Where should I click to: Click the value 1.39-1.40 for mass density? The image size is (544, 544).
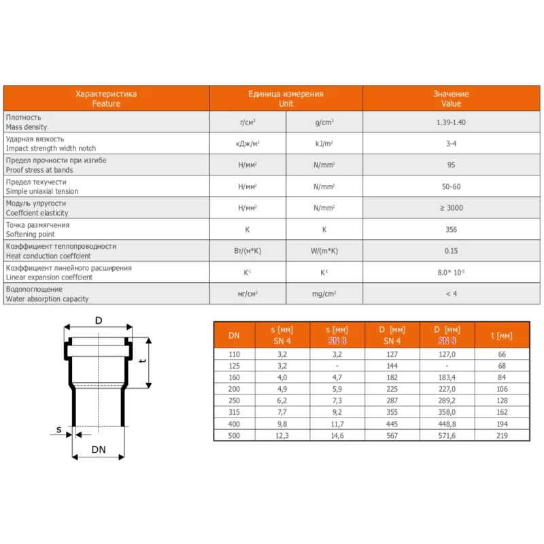[451, 122]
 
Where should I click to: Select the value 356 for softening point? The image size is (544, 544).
[451, 229]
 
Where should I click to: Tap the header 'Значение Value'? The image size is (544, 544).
[451, 99]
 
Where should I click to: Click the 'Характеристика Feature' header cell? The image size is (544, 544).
[106, 99]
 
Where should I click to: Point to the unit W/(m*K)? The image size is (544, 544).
[324, 251]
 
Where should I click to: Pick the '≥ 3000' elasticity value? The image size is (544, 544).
[451, 208]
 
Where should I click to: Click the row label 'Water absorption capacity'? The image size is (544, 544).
[48, 299]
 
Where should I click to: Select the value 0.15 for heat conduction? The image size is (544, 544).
[451, 251]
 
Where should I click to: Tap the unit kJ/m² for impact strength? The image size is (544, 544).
[324, 143]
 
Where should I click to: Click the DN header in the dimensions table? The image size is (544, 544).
[234, 335]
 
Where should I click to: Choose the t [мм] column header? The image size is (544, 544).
[501, 335]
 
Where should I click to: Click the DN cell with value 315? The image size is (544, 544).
[234, 411]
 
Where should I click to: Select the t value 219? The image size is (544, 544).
[502, 435]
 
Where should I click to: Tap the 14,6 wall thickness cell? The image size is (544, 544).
[337, 435]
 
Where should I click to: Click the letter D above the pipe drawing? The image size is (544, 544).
[99, 320]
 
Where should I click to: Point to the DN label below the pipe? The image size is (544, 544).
[99, 449]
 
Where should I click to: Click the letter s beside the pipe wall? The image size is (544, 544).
[59, 429]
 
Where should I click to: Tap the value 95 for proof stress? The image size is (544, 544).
[451, 165]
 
